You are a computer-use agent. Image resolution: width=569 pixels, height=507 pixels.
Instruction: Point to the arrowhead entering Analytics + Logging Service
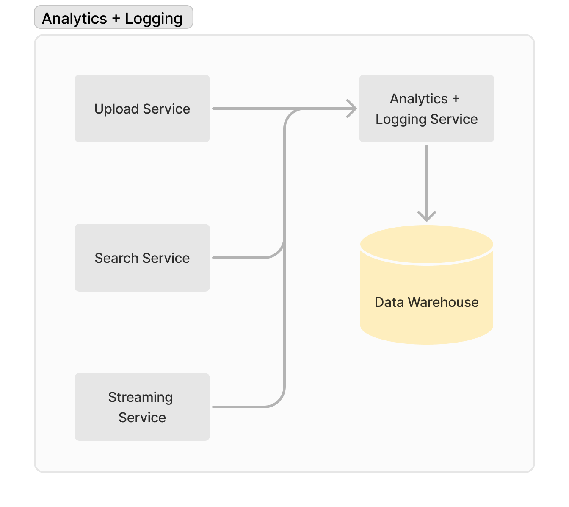(x=352, y=109)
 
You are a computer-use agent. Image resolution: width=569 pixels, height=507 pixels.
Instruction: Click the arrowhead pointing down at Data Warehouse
(x=426, y=216)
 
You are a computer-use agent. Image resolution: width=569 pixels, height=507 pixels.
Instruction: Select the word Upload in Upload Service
(x=116, y=109)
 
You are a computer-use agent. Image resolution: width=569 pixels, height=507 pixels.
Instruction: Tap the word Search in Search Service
(x=116, y=258)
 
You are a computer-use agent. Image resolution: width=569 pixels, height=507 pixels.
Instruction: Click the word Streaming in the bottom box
(x=140, y=397)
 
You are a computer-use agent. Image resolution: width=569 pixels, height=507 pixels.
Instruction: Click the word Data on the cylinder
(x=389, y=302)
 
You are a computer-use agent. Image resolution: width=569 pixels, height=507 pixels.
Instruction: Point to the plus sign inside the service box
(x=456, y=99)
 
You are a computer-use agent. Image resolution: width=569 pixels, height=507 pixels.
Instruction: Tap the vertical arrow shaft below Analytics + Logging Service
(x=426, y=178)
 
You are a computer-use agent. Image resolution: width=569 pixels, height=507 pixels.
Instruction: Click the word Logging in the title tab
(x=154, y=19)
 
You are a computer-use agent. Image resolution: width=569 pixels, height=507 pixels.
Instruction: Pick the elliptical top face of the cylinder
(x=426, y=244)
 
